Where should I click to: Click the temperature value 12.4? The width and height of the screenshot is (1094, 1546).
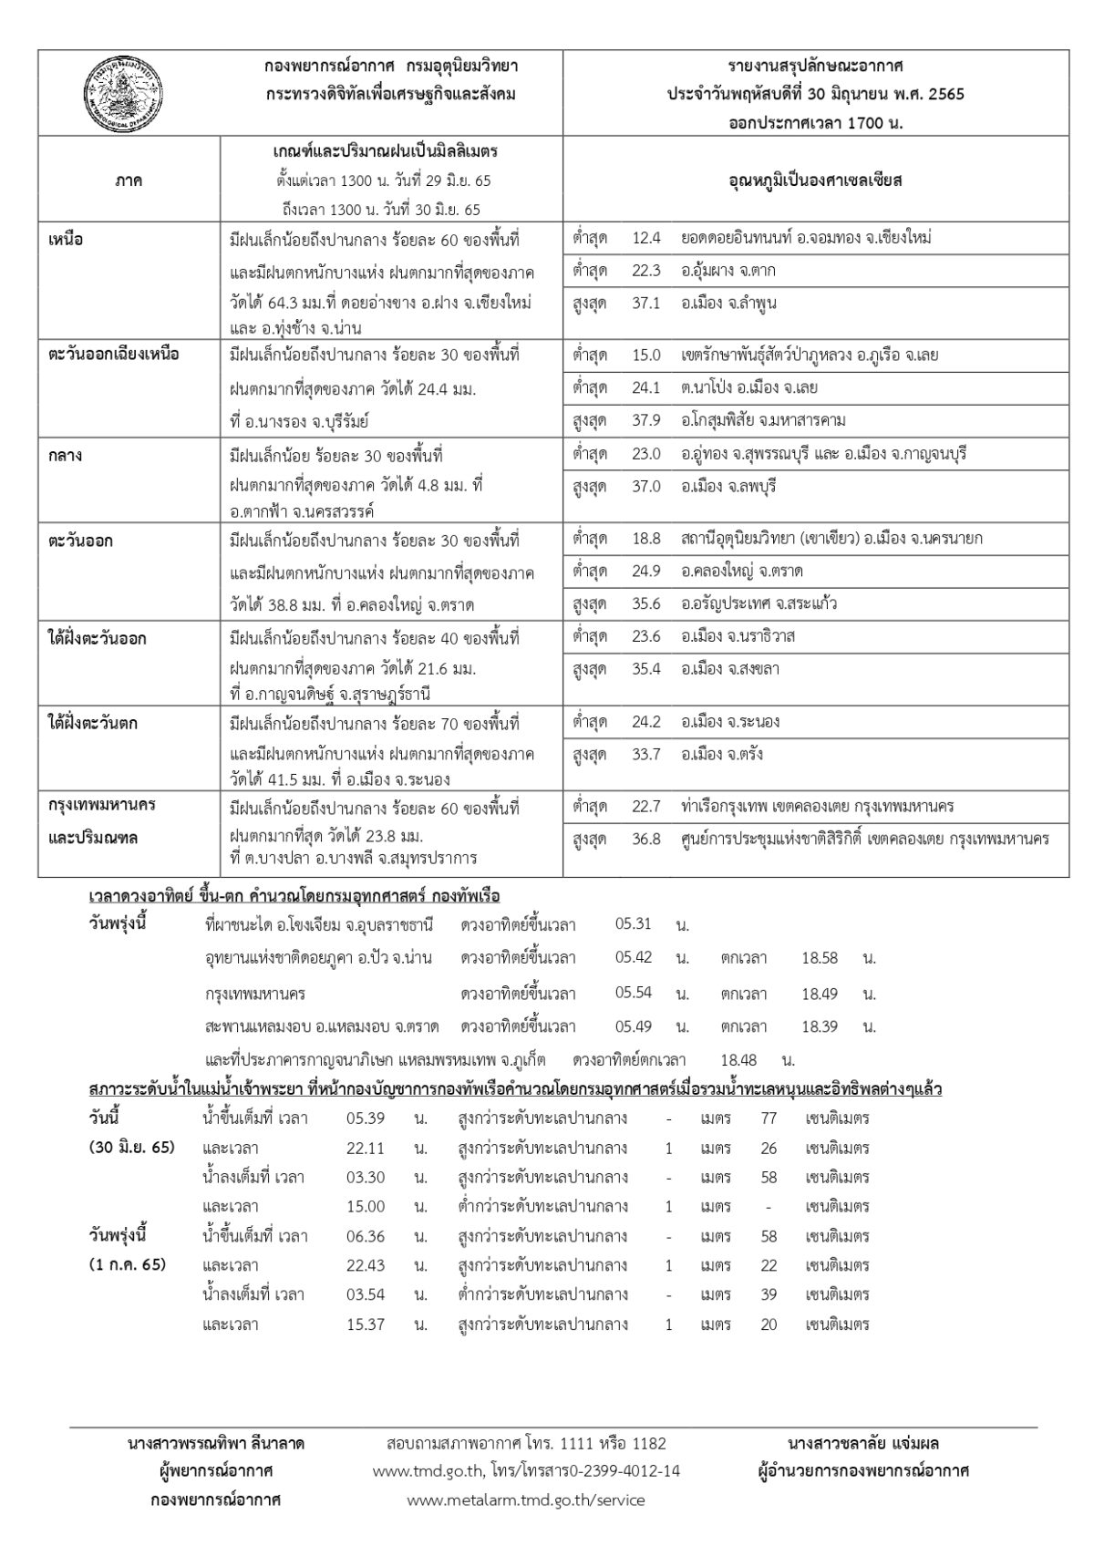click(645, 238)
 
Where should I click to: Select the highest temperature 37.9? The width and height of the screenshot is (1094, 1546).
click(645, 420)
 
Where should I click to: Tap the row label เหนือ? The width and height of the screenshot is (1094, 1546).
click(65, 240)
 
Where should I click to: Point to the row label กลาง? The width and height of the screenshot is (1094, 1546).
click(64, 454)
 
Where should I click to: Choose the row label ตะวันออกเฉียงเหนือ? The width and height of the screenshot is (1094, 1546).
click(113, 355)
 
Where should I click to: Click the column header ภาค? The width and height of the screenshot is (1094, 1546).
click(129, 180)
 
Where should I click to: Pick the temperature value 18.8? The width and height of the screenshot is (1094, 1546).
click(645, 539)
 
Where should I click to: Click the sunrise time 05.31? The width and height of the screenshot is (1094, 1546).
click(634, 924)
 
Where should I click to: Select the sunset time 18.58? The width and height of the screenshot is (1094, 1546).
click(820, 958)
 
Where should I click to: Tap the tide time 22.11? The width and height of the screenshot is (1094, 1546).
click(366, 1148)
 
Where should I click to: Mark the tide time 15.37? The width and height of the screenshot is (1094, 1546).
click(366, 1324)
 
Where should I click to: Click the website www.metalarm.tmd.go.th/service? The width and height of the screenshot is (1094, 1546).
click(526, 1500)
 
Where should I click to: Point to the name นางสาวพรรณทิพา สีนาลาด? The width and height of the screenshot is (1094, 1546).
click(216, 1443)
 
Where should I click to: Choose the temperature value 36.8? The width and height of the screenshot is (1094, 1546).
click(645, 839)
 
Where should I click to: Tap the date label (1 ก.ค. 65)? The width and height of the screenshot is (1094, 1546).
click(128, 1265)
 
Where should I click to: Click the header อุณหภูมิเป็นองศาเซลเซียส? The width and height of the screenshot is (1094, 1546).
click(815, 180)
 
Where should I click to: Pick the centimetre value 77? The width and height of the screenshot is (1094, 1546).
click(769, 1118)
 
